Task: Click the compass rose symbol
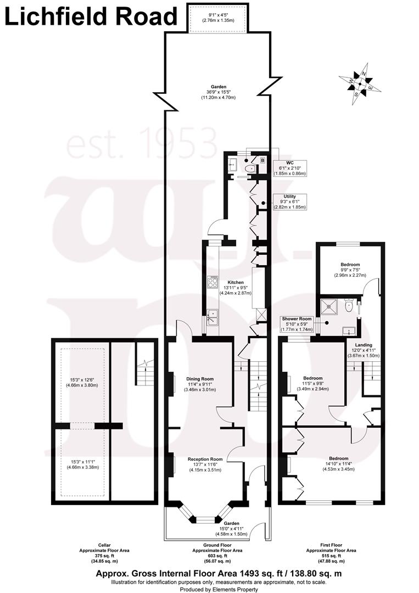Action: pos(359,84)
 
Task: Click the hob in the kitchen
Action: pos(212,282)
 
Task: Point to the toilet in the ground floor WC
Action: pos(250,168)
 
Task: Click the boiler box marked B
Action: pos(262,161)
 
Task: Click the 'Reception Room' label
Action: pos(205,459)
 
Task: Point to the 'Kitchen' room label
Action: pos(236,282)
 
